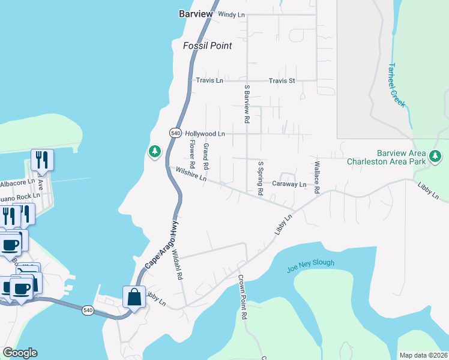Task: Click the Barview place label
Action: click(x=193, y=14)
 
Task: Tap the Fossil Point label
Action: click(x=207, y=46)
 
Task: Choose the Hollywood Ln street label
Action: click(x=205, y=134)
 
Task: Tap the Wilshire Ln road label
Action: click(x=191, y=175)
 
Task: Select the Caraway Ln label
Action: click(x=289, y=184)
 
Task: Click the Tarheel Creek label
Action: click(x=397, y=85)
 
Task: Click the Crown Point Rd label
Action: click(x=243, y=296)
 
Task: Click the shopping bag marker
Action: click(x=133, y=296)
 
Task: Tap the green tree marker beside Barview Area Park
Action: click(x=435, y=157)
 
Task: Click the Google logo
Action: click(x=20, y=353)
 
